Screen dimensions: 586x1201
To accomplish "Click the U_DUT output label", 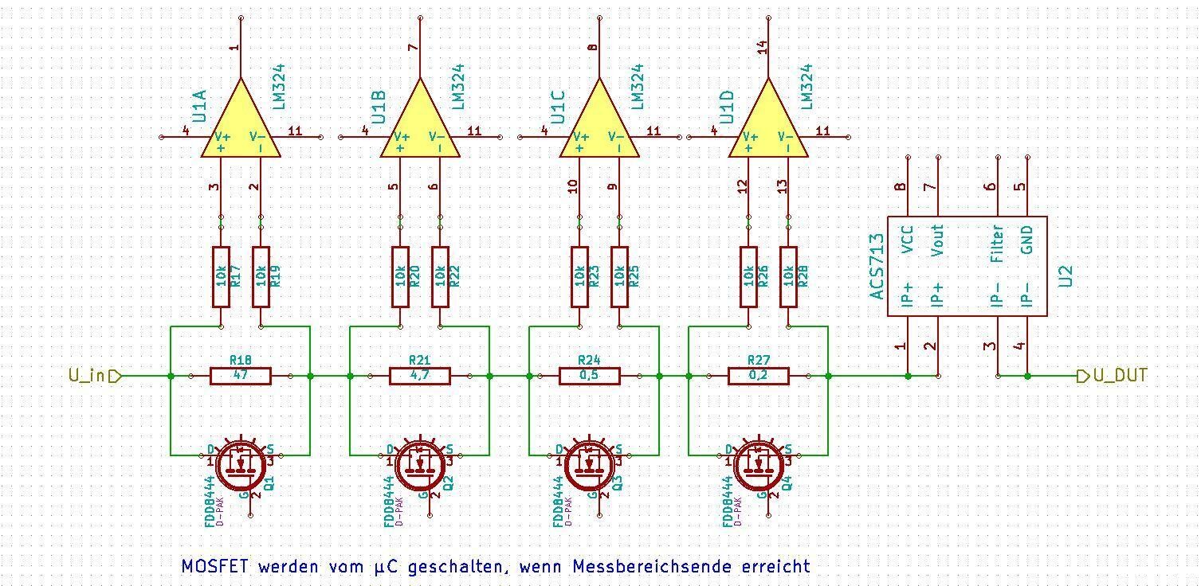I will click(x=1119, y=375).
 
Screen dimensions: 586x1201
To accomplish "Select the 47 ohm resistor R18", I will click(x=240, y=376).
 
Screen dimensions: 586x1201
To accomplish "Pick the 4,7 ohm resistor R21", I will click(x=420, y=376).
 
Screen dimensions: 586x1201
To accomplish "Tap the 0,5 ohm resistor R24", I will click(x=590, y=376).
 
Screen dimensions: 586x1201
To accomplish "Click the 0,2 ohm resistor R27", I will click(x=759, y=376).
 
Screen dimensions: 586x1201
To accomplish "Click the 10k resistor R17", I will click(x=221, y=276).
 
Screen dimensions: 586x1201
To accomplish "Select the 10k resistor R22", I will click(x=440, y=276).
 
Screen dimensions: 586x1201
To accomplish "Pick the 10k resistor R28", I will click(x=789, y=276).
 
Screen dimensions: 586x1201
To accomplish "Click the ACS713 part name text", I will click(x=877, y=266).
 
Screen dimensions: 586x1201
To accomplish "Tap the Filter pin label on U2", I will click(x=996, y=244).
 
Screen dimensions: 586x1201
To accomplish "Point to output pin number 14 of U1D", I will click(x=762, y=47).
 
